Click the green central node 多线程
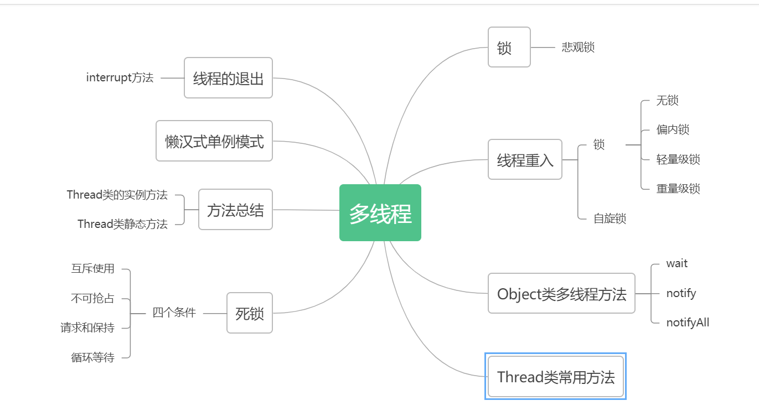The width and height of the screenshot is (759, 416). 380,213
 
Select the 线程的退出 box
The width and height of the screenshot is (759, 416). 228,78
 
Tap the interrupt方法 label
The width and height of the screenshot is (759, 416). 120,78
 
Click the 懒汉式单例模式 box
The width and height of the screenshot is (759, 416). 214,141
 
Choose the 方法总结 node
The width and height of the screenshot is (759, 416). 235,210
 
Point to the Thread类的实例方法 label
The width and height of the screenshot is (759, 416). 117,195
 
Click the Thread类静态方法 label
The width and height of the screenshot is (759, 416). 122,224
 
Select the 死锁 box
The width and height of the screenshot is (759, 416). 250,313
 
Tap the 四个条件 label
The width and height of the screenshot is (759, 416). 174,313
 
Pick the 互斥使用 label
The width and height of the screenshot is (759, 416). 92,269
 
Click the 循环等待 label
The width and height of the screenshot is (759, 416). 92,357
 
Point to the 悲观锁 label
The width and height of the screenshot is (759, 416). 578,48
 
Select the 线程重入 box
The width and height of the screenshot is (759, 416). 525,160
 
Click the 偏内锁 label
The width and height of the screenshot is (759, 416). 673,130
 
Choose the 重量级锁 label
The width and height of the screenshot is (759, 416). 678,189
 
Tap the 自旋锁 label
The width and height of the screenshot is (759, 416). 610,219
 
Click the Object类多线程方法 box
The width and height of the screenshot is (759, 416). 561,294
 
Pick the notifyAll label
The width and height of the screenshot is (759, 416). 688,323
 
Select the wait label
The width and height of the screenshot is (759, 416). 677,264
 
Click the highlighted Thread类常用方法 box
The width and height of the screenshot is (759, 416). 556,377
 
